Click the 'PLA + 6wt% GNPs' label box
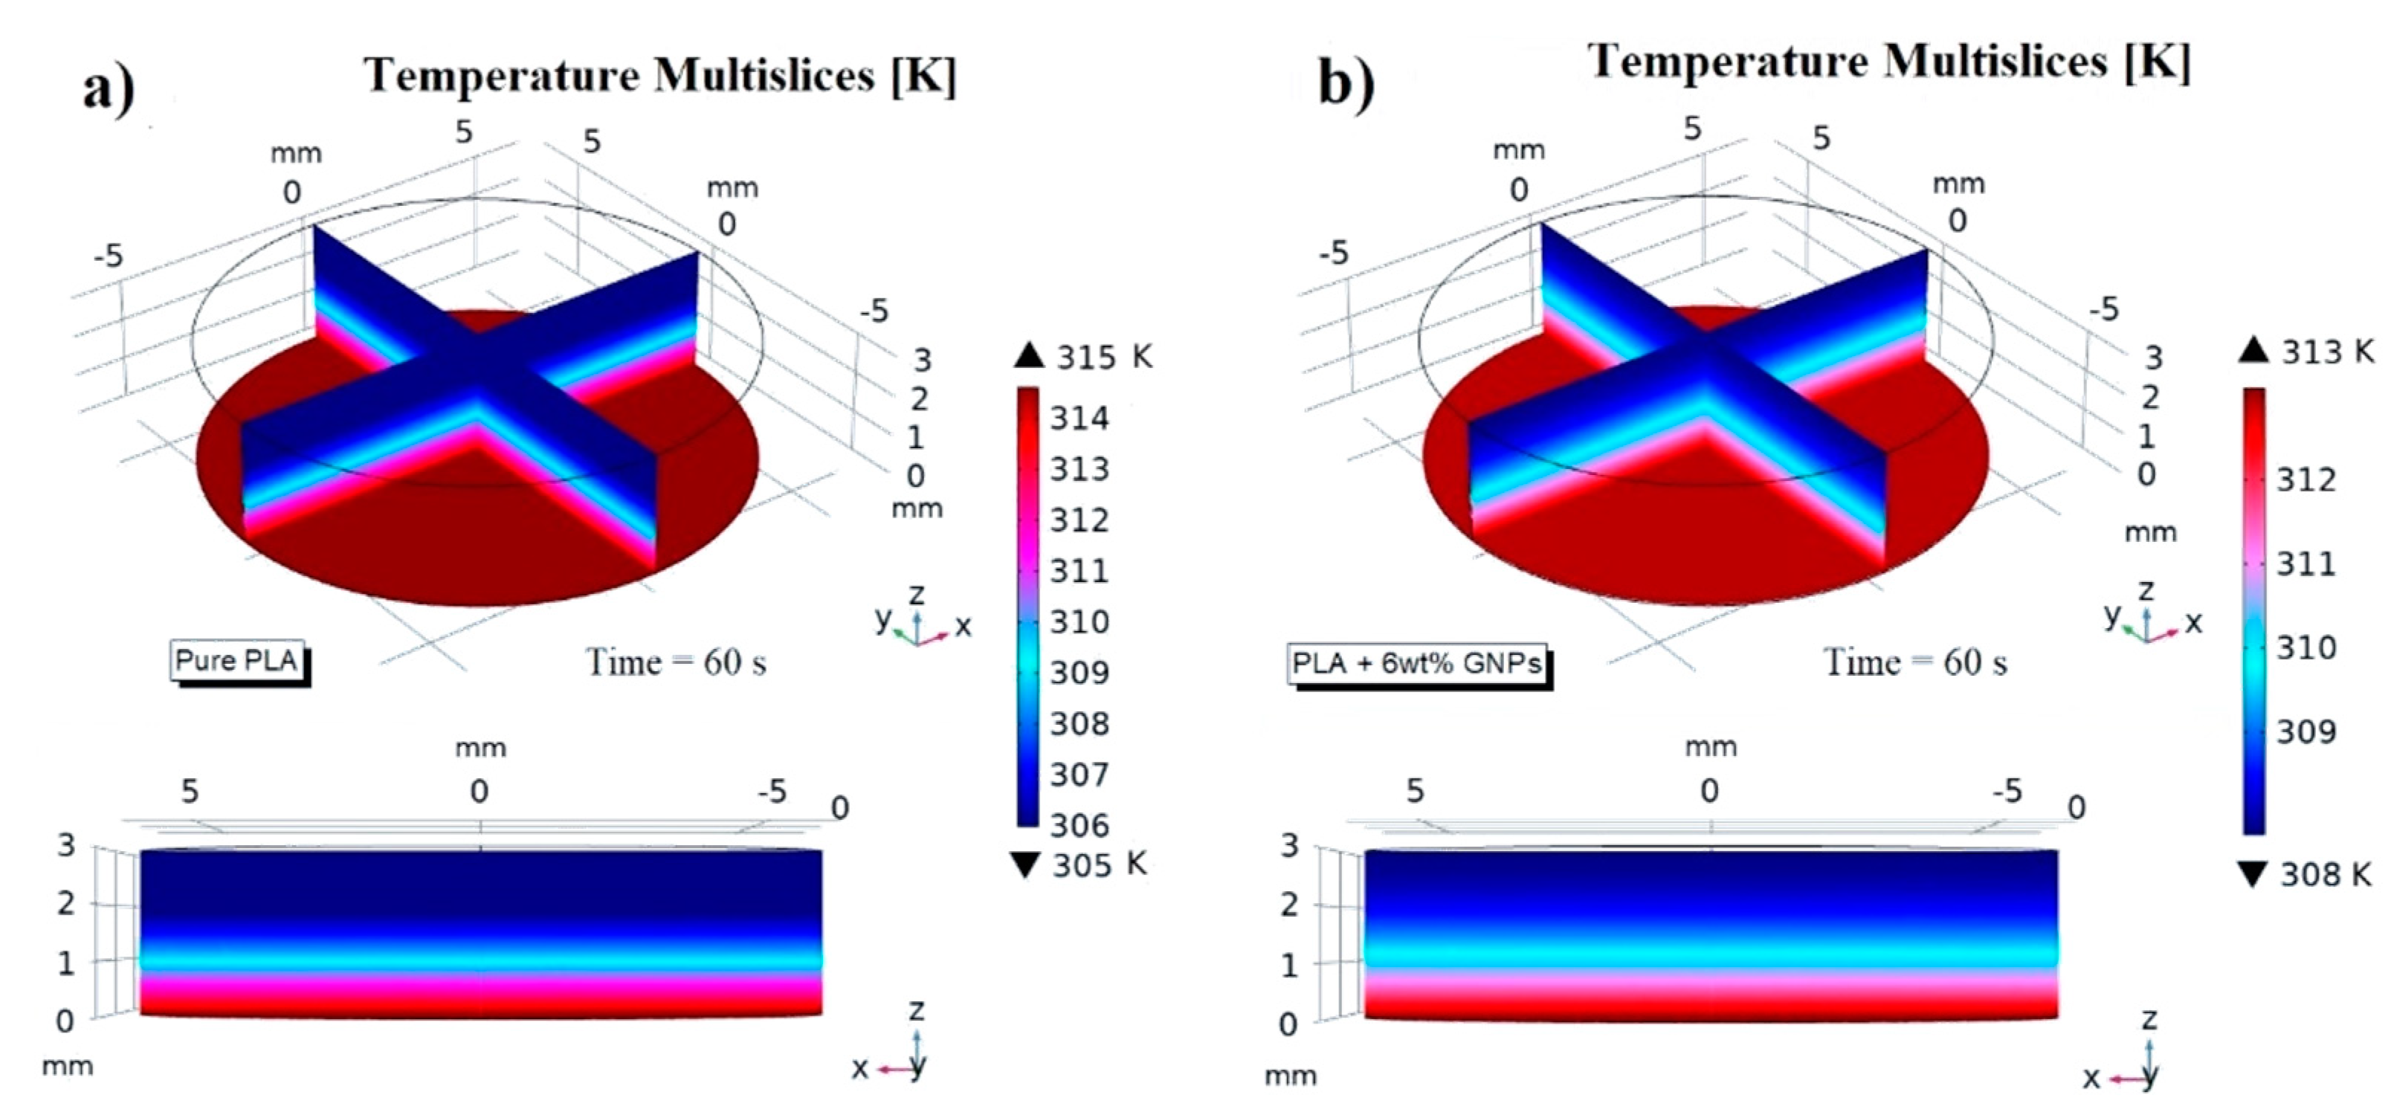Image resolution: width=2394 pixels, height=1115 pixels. [x=1416, y=663]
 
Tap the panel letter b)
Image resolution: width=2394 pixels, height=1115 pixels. [x=1346, y=83]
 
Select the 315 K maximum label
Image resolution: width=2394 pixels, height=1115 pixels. [x=1103, y=356]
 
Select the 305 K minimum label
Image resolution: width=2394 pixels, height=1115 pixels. [x=1100, y=864]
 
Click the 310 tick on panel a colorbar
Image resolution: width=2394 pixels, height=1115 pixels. [x=1079, y=621]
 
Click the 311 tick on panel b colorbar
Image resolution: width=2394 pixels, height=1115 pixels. [x=2305, y=563]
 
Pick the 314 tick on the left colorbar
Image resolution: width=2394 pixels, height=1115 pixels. [x=1079, y=418]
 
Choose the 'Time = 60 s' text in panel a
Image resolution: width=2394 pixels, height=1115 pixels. [x=676, y=662]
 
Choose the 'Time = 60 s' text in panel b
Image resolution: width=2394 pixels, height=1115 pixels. [x=1915, y=662]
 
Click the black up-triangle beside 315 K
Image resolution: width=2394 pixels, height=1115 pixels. [x=1029, y=355]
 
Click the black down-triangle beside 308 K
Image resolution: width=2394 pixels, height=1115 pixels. [x=2253, y=874]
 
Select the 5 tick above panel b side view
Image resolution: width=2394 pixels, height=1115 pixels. [x=1414, y=791]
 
